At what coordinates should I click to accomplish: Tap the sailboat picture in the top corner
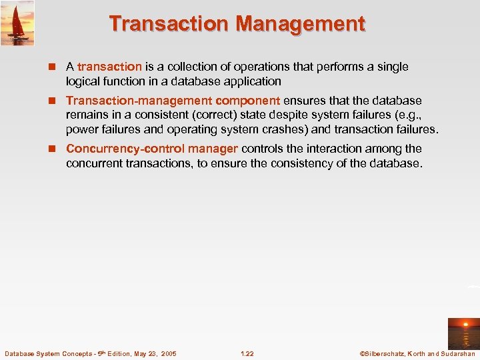(x=17, y=23)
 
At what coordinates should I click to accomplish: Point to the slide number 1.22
(x=247, y=353)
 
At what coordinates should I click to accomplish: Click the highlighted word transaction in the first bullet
(x=109, y=67)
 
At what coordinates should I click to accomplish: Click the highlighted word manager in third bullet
(x=213, y=149)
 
